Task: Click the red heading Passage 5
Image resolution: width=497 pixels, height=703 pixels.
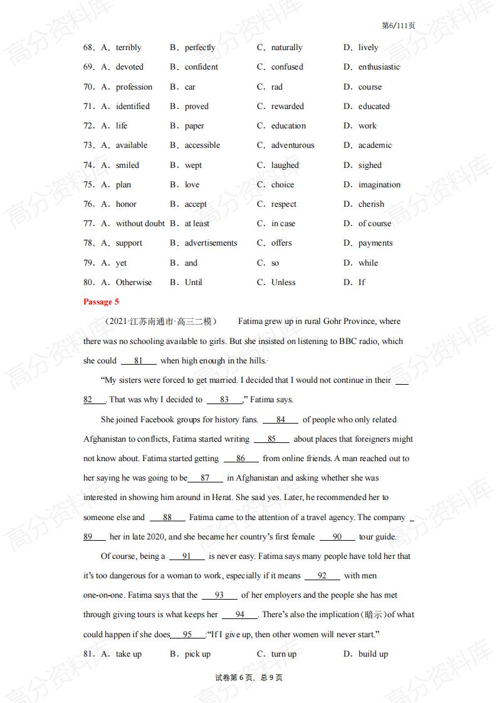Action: coord(100,302)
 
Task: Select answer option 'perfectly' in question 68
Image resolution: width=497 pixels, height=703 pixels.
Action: coord(199,48)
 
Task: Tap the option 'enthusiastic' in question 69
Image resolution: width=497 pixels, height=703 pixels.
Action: coord(379,67)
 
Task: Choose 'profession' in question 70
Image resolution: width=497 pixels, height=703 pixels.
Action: coord(133,87)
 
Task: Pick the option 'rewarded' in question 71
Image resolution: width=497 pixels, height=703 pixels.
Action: coord(287,107)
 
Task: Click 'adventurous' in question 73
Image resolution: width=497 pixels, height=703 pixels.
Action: coord(292,145)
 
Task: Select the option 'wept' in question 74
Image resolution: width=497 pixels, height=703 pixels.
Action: coord(193,165)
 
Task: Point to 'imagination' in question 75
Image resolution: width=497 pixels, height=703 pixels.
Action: coord(379,185)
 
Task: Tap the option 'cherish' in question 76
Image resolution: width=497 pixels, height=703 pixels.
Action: coord(371,204)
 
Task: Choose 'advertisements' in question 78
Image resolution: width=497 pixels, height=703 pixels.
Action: coord(211,243)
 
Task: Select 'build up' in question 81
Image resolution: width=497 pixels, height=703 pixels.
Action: coord(373,654)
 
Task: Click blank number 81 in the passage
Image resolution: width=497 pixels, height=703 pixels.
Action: coord(139,361)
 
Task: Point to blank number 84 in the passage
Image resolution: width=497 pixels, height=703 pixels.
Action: coord(280,420)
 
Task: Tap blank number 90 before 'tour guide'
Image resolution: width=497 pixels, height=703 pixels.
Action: coord(337,537)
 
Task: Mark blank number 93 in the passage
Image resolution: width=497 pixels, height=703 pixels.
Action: coord(219,595)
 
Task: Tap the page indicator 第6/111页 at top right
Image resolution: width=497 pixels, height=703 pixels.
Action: coord(398,26)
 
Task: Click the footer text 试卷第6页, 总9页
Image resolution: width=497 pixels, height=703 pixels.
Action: coord(248,677)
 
